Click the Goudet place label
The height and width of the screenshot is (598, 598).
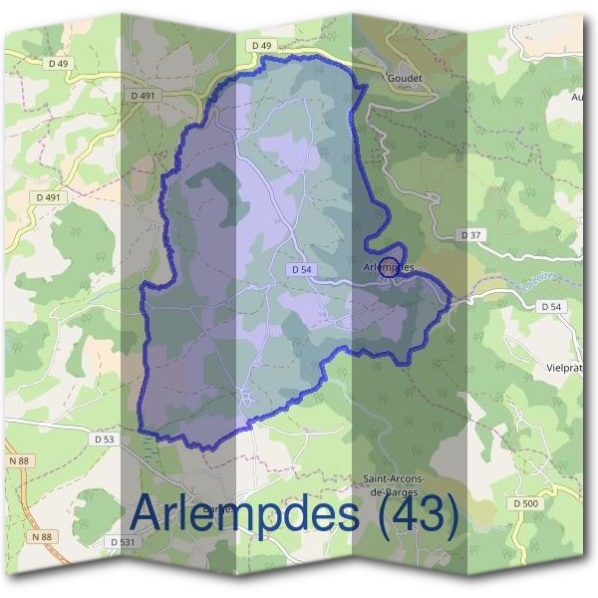point(406,78)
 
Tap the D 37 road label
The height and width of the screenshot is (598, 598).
point(471,234)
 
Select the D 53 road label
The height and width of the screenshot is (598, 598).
point(105,439)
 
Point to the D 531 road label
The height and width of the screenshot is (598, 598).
point(123,541)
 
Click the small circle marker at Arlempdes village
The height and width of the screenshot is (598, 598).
point(391,266)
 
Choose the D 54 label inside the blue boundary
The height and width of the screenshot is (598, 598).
point(303,270)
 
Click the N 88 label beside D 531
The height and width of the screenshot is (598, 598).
point(40,537)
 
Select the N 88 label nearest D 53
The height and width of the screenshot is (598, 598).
point(19,459)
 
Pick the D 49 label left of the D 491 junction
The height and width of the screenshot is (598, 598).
point(58,64)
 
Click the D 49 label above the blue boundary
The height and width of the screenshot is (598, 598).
point(261,46)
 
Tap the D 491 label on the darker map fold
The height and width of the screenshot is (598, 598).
point(144,96)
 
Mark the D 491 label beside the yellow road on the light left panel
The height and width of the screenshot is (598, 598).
point(47,197)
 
